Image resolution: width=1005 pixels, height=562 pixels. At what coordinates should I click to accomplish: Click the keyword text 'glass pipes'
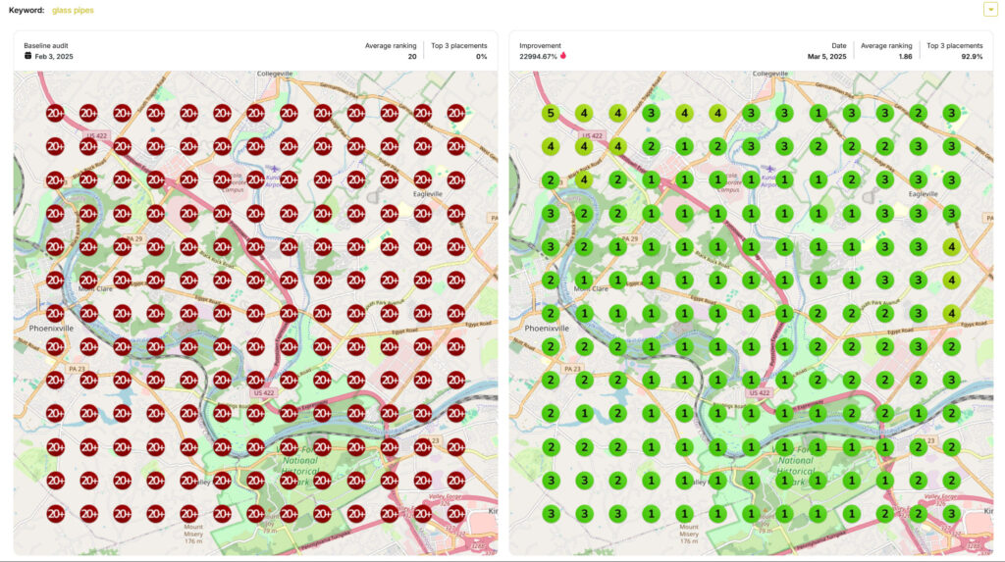pyautogui.click(x=73, y=10)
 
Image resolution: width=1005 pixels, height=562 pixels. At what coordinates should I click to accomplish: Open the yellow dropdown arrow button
pyautogui.click(x=990, y=10)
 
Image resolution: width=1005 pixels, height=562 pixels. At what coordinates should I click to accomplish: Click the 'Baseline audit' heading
pyautogui.click(x=46, y=45)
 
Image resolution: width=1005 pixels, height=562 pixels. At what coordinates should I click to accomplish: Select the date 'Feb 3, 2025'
pyautogui.click(x=54, y=57)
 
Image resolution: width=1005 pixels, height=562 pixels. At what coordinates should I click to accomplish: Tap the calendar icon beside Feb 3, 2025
pyautogui.click(x=28, y=56)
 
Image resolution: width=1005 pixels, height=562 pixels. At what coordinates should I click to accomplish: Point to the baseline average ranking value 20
pyautogui.click(x=412, y=57)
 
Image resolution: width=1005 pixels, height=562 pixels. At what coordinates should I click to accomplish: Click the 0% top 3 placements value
pyautogui.click(x=481, y=57)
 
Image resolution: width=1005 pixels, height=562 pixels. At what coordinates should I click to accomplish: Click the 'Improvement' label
pyautogui.click(x=540, y=45)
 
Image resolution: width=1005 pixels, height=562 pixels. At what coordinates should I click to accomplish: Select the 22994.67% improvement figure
pyautogui.click(x=538, y=57)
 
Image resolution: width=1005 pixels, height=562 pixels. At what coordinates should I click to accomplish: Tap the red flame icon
pyautogui.click(x=563, y=56)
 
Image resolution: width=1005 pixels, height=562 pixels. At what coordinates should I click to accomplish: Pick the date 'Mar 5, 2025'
pyautogui.click(x=826, y=57)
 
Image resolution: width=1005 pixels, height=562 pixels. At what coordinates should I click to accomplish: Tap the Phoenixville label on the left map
pyautogui.click(x=51, y=329)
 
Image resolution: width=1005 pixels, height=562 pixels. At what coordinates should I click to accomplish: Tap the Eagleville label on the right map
pyautogui.click(x=927, y=194)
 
